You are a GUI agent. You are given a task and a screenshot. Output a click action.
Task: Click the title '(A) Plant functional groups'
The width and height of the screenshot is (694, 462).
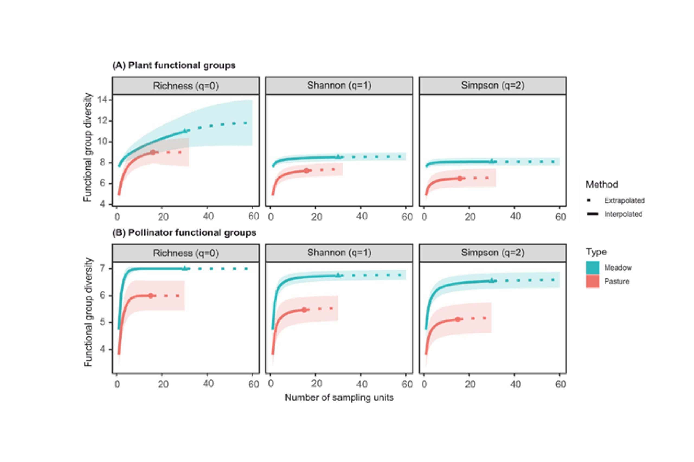click(174, 65)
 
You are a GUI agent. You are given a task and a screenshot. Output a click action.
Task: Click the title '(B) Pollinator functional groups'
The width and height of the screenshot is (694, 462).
click(184, 233)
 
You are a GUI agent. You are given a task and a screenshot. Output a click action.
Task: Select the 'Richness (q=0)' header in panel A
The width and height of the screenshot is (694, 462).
click(186, 86)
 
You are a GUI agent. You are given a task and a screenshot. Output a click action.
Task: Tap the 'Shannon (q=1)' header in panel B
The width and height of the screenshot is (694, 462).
click(339, 253)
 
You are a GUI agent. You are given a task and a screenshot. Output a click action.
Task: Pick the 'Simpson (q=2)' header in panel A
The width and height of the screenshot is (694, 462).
click(493, 86)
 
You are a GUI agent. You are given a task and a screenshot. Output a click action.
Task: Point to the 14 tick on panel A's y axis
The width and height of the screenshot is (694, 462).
click(102, 100)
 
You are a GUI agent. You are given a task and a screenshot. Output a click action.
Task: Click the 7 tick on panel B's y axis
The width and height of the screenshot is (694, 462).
click(102, 268)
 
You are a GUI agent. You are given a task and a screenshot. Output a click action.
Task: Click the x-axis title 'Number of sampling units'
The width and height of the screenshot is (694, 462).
click(339, 398)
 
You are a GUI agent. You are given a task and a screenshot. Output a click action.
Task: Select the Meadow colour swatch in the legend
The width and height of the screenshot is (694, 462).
click(593, 267)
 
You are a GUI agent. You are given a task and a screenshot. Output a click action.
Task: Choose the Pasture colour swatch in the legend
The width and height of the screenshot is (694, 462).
click(593, 281)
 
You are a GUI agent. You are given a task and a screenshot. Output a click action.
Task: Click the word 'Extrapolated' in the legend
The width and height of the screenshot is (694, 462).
click(624, 200)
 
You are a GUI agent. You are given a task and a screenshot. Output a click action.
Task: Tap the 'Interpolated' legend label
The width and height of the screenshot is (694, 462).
click(623, 214)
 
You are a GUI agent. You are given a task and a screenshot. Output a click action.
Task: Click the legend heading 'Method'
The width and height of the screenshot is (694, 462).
click(602, 184)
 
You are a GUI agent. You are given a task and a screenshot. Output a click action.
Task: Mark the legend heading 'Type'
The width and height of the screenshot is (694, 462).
click(596, 252)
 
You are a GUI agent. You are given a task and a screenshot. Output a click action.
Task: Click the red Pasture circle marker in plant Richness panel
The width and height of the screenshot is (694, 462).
click(153, 152)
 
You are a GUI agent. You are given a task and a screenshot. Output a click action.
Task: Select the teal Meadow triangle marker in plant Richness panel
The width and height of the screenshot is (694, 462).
click(185, 130)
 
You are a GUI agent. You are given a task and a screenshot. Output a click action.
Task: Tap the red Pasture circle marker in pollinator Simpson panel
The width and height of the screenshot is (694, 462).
click(458, 319)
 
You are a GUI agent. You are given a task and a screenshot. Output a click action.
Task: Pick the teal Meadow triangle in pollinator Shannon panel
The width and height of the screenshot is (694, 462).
click(338, 276)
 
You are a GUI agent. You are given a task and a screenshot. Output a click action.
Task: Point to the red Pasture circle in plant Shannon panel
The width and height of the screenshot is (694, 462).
click(307, 171)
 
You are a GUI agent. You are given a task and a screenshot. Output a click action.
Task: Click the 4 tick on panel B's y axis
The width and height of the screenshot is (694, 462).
click(102, 349)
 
